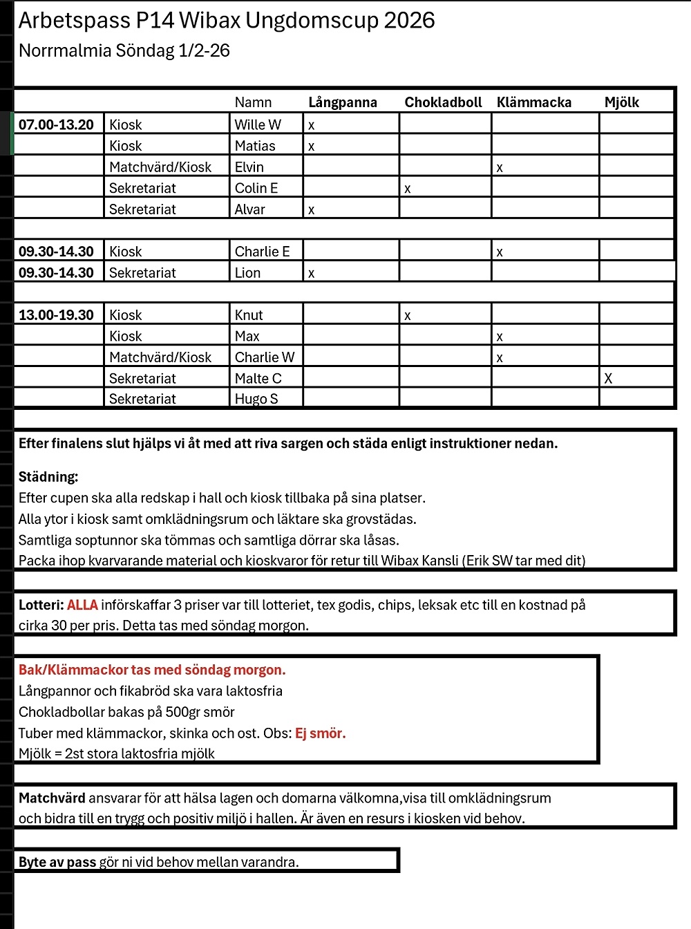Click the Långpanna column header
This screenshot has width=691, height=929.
point(342,102)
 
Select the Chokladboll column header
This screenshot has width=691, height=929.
point(443,102)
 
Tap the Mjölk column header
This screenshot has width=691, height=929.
point(621,102)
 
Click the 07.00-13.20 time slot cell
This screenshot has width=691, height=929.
point(56,124)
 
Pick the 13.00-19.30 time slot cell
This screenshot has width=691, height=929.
point(56,315)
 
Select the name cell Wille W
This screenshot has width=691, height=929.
point(258,124)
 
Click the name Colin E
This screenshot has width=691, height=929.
point(256,188)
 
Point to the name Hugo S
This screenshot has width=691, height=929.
point(256,399)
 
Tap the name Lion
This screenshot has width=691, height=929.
point(247,273)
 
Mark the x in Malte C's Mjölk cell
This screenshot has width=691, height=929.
point(608,378)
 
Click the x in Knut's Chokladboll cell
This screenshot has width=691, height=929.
point(408,316)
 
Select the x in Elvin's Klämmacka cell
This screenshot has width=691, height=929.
point(500,168)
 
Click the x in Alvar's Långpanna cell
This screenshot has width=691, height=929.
point(312,210)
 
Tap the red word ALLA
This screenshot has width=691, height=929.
point(82,605)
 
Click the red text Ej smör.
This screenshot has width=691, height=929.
point(321,733)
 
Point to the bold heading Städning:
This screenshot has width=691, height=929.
point(48,477)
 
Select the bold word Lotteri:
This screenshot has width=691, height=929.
point(41,605)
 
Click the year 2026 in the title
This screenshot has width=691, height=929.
point(409,21)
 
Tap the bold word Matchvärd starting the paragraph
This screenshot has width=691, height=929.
point(52,798)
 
